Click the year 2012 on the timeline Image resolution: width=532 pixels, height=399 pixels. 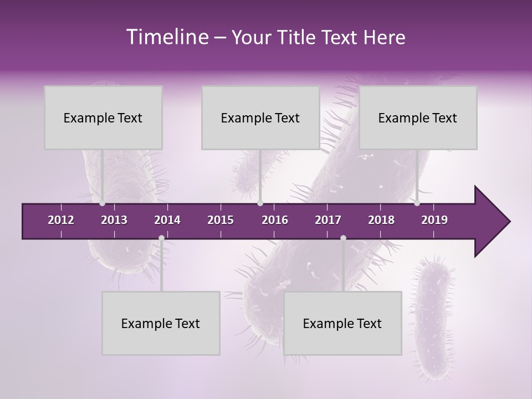click(61, 220)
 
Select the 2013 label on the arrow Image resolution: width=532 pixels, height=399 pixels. click(114, 220)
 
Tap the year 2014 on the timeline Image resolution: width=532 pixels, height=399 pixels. click(167, 220)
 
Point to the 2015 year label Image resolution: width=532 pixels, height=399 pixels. click(221, 220)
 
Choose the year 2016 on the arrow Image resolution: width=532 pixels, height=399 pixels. click(275, 220)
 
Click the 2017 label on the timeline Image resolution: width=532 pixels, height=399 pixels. click(328, 220)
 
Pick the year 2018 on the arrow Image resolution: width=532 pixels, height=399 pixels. click(381, 220)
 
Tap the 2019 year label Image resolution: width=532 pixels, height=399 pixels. click(434, 220)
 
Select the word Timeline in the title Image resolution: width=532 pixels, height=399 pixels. click(166, 37)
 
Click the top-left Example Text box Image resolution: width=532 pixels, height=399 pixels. click(103, 117)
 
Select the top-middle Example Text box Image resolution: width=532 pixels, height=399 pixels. click(260, 117)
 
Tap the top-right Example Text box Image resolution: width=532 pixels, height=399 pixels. click(418, 117)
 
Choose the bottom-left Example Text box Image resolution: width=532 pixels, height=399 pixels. click(161, 323)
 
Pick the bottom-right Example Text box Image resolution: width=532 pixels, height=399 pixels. click(342, 323)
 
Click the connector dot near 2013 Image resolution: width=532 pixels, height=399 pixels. click(103, 203)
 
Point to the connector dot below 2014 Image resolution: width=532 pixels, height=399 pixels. click(161, 238)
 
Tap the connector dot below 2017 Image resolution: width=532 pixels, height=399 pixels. click(343, 238)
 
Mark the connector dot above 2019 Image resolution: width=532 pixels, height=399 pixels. click(417, 203)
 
